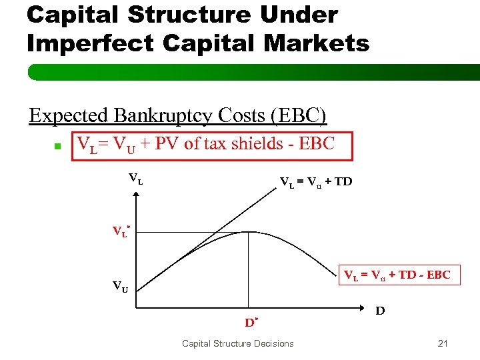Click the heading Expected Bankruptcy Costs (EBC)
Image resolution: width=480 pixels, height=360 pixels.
[178, 115]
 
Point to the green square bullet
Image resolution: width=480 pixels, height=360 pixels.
[57, 146]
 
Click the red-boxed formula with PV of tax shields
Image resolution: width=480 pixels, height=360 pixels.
[206, 145]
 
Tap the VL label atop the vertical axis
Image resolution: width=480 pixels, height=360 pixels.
[135, 178]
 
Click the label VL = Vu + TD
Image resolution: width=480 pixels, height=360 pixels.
[316, 181]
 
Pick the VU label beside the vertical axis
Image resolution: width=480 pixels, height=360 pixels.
[121, 287]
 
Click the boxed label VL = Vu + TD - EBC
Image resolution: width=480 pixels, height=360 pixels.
[397, 275]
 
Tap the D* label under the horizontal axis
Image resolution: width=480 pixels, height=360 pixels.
[251, 323]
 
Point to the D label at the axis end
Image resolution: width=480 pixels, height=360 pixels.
[380, 311]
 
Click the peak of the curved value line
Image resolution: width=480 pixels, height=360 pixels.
[249, 232]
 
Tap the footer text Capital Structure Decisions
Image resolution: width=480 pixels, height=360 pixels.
[237, 343]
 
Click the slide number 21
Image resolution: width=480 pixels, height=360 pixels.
[443, 343]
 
